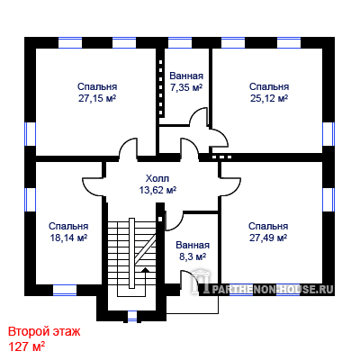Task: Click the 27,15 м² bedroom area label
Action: click(97, 98)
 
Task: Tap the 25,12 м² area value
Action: click(269, 98)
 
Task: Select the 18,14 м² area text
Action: click(68, 238)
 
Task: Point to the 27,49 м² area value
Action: click(268, 238)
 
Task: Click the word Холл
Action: click(157, 178)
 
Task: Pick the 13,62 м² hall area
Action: click(157, 190)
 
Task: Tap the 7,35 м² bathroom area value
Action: click(186, 87)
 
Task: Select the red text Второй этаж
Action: click(44, 332)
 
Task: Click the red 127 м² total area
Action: click(26, 346)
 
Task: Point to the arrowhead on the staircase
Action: click(145, 270)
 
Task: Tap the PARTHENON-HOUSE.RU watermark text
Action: click(273, 289)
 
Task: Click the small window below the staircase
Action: click(132, 316)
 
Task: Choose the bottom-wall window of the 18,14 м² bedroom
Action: click(65, 290)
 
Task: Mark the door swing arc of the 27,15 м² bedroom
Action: click(128, 148)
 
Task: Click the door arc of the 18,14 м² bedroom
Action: click(94, 186)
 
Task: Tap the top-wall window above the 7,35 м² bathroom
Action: click(180, 42)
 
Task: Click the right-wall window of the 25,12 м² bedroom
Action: click(328, 134)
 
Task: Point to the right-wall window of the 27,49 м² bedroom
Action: click(328, 199)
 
